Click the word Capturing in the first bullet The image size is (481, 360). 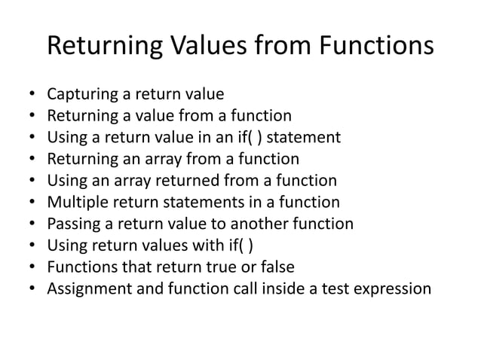pos(80,95)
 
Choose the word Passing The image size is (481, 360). pos(72,224)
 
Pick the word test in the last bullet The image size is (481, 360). pos(332,288)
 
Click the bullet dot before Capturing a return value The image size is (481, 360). pos(32,96)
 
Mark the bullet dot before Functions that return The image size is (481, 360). pos(32,267)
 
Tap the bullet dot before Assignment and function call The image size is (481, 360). pos(32,289)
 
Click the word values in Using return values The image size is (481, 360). pos(160,246)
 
